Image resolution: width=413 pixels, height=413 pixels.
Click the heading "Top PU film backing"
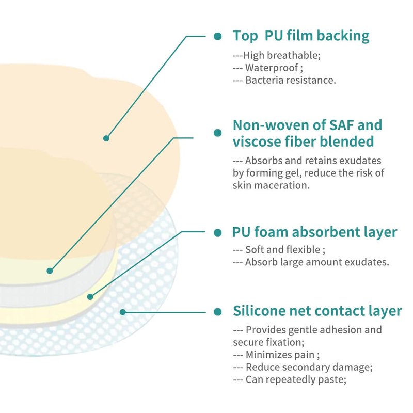[300, 36]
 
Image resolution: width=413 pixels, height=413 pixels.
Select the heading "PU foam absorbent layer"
[315, 232]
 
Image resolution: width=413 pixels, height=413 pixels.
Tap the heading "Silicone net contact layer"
[317, 311]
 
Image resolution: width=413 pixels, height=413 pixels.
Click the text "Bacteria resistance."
[290, 80]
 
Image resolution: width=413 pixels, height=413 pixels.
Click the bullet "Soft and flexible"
[282, 249]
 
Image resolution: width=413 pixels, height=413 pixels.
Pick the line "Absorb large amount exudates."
[316, 262]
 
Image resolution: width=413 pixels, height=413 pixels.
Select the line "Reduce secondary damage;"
[309, 367]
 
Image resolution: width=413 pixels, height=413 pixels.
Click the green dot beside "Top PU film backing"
[218, 36]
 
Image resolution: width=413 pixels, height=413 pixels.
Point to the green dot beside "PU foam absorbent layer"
[218, 232]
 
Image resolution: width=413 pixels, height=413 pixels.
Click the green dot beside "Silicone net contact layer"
[218, 312]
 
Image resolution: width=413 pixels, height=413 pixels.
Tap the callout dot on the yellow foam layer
[90, 296]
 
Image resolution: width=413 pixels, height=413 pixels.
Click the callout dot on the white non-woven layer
[50, 270]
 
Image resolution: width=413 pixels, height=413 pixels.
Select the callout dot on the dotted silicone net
[122, 311]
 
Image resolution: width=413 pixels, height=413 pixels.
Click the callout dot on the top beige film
[106, 138]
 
